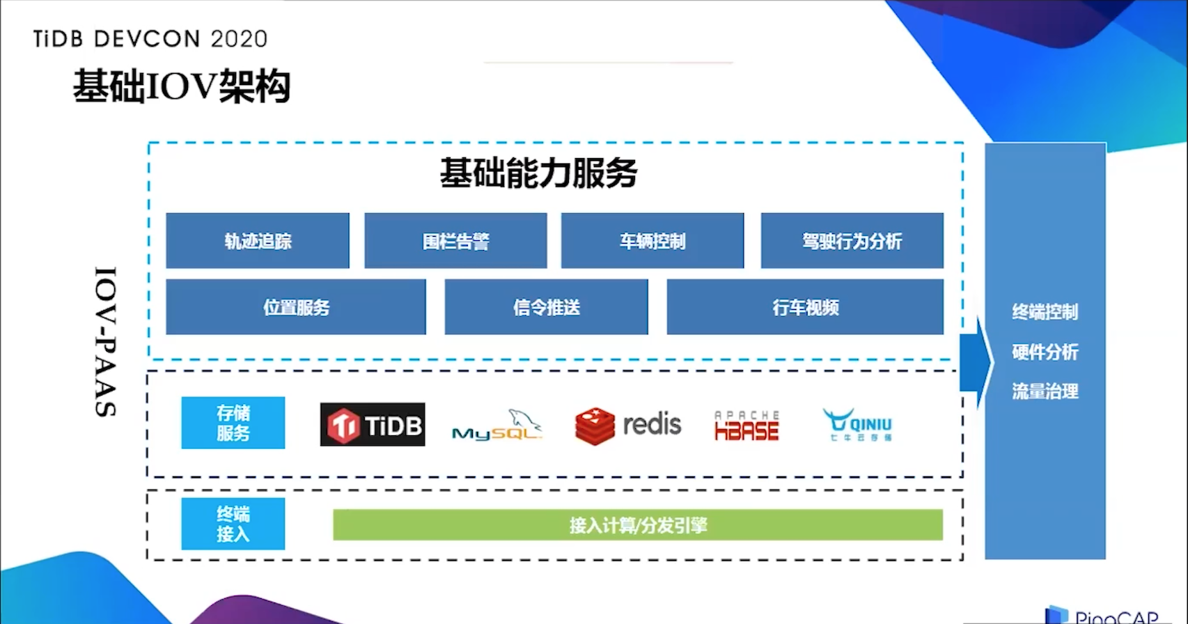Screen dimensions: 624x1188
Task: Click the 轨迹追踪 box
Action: coord(258,241)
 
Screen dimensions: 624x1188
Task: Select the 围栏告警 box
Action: coord(455,241)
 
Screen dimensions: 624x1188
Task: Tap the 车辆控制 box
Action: coord(652,241)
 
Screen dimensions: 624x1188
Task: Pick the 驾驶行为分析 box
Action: coord(852,241)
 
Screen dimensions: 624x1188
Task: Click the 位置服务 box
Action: coord(296,307)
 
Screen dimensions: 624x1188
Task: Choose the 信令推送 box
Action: coord(546,307)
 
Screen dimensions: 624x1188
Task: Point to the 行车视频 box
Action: coord(805,307)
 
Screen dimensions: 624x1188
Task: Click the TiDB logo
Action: coord(373,424)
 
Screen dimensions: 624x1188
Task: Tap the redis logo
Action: coord(628,425)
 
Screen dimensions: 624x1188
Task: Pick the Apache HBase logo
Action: coord(747,426)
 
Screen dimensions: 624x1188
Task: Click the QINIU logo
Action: coord(858,424)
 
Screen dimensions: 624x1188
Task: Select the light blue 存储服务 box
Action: coord(233,423)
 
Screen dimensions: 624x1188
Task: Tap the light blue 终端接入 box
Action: coord(233,524)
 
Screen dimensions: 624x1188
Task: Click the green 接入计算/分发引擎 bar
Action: coord(638,525)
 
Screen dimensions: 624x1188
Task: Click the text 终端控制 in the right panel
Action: coord(1045,311)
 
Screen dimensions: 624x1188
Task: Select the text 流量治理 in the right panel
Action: coord(1045,391)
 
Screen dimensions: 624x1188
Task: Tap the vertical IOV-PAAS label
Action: coord(105,341)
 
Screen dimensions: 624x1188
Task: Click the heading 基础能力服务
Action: coord(538,173)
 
